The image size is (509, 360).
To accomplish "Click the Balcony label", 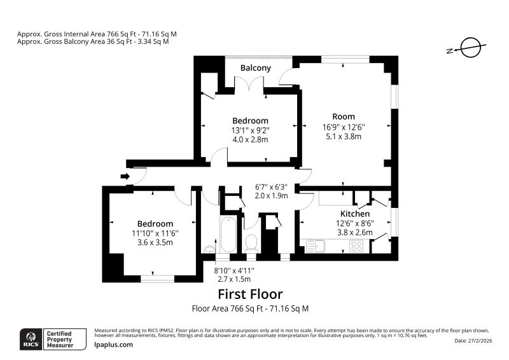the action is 256,68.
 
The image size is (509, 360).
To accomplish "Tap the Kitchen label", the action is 355,214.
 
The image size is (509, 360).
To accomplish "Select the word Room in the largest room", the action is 344,116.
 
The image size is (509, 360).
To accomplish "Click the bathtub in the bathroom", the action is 228,234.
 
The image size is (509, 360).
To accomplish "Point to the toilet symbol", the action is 251,244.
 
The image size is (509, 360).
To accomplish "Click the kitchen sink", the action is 315,246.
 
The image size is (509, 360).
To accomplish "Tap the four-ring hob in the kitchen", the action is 356,246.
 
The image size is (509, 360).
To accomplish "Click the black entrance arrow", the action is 125,176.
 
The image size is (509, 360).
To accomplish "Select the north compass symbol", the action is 467,48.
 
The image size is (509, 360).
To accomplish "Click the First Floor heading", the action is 250,294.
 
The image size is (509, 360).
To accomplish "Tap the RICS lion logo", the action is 31,339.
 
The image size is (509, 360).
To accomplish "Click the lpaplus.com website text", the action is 114,345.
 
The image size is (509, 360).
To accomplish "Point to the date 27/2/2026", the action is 473,340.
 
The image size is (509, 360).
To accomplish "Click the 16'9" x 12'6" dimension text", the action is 344,127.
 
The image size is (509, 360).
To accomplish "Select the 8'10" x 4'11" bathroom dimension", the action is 234,270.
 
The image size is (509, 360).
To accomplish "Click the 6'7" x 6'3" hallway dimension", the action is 272,187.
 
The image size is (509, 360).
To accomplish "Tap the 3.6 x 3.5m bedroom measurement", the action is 155,242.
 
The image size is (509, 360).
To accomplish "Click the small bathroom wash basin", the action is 210,249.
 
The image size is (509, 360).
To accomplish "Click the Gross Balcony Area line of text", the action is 93,41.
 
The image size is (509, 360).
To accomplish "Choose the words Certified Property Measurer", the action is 59,339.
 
